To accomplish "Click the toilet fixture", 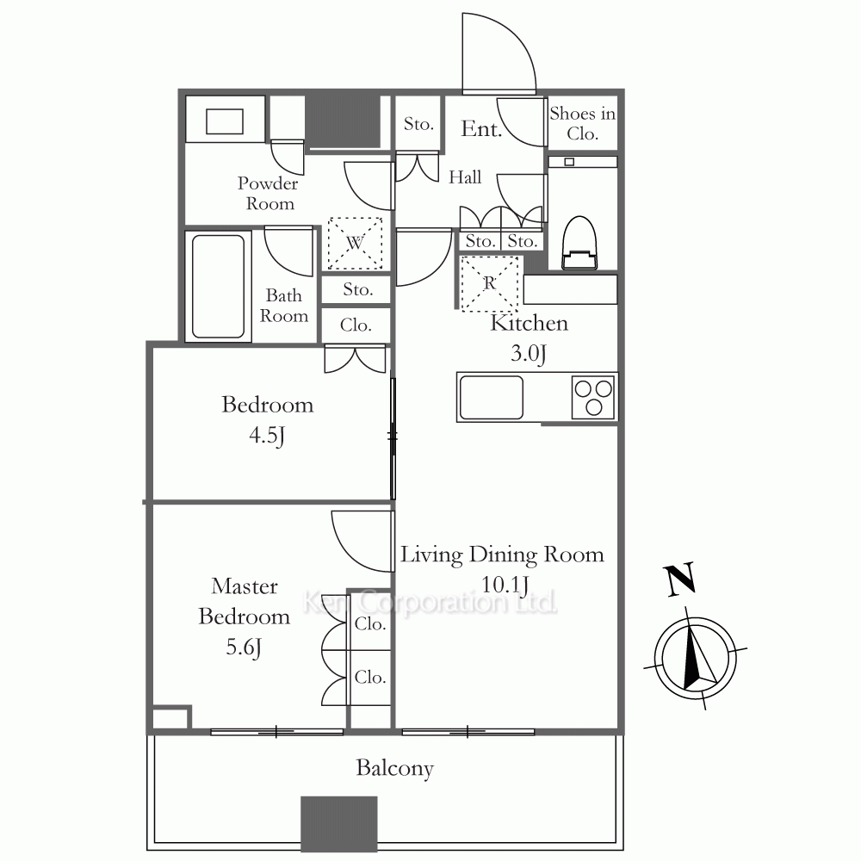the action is [579, 243].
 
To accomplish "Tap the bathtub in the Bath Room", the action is [219, 287].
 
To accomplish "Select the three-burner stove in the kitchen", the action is [593, 397].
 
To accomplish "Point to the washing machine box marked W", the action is [356, 244].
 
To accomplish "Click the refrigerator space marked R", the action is [490, 284].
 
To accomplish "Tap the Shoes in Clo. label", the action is [583, 123].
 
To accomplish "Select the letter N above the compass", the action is [681, 579].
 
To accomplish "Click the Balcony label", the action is [395, 768].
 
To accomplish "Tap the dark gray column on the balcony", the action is [339, 824].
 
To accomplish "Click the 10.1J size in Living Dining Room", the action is [505, 585].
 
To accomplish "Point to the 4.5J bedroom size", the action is [267, 436].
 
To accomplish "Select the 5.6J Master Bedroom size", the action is [244, 647].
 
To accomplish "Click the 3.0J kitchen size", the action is [529, 352].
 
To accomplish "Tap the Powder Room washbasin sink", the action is [225, 121].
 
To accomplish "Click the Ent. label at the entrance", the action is [481, 129].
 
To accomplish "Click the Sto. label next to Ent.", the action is [418, 124].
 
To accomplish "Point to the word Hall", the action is [465, 177].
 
